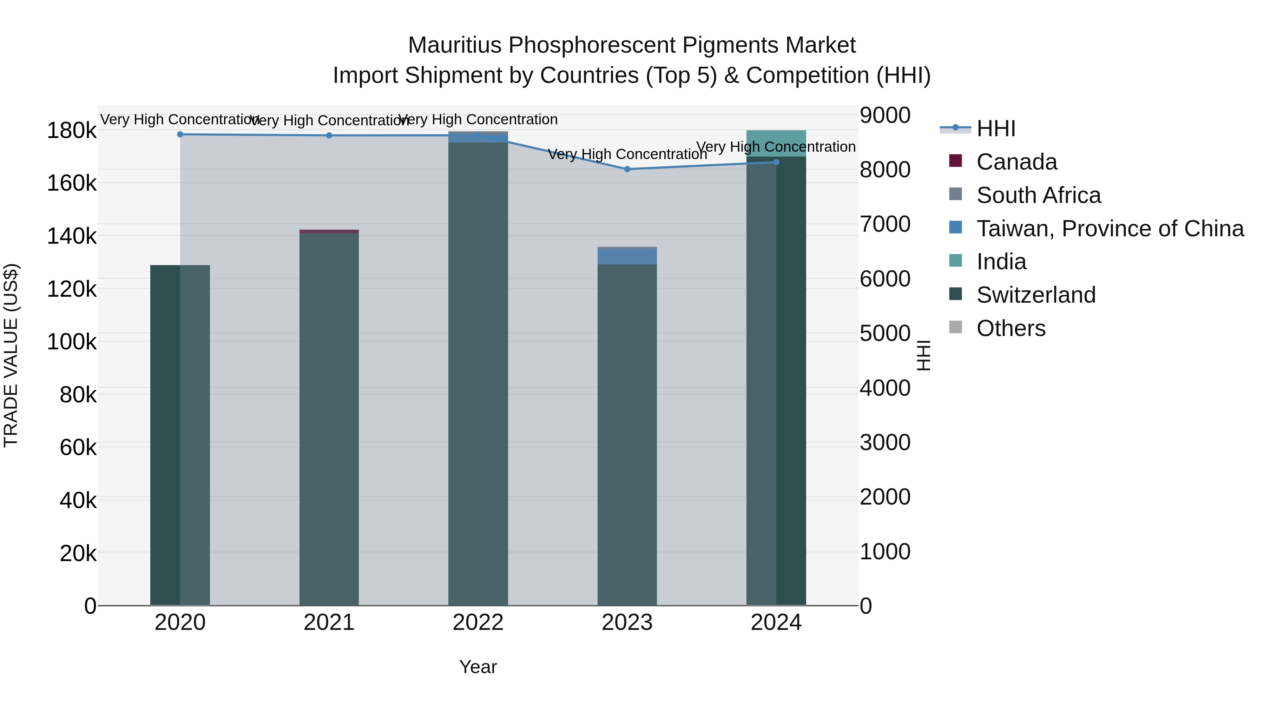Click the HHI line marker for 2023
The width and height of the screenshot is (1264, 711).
pyautogui.click(x=627, y=169)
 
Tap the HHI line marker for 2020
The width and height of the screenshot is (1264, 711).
pyautogui.click(x=180, y=134)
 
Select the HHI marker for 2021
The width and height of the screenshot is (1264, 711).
pyautogui.click(x=329, y=136)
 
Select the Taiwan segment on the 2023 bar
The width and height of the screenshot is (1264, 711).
pyautogui.click(x=627, y=257)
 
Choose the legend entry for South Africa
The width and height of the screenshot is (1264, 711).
pyautogui.click(x=1038, y=195)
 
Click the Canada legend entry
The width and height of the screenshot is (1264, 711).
pyautogui.click(x=1017, y=162)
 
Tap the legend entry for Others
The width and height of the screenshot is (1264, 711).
pyautogui.click(x=1011, y=328)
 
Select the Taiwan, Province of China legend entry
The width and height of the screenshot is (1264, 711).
pyautogui.click(x=1110, y=229)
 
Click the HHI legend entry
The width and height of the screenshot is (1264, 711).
pyautogui.click(x=996, y=129)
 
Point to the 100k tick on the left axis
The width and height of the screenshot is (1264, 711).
pyautogui.click(x=72, y=342)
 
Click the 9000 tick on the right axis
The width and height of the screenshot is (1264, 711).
pyautogui.click(x=885, y=115)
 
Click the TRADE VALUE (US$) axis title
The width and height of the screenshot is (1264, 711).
pyautogui.click(x=11, y=355)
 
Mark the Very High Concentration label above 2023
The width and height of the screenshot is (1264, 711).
pyautogui.click(x=627, y=154)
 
